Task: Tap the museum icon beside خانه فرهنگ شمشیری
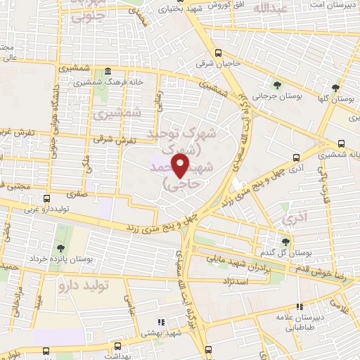(x=106, y=72)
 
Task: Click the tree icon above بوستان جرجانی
(x=277, y=86)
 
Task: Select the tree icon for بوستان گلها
(x=336, y=88)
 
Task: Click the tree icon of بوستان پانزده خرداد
(x=61, y=248)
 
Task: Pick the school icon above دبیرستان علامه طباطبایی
(x=300, y=307)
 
